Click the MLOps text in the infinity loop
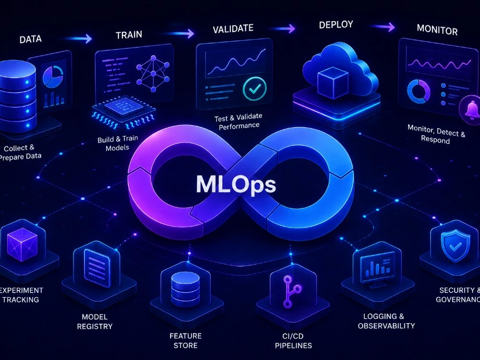[x=236, y=185]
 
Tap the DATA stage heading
[x=31, y=40]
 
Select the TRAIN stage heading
[x=129, y=35]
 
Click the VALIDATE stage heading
[x=233, y=29]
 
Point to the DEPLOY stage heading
[x=336, y=24]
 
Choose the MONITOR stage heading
[x=437, y=30]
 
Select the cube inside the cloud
[x=333, y=82]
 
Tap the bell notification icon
[x=471, y=110]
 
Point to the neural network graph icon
[x=153, y=73]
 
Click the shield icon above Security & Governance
[x=455, y=245]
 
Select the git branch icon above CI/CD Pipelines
[x=291, y=292]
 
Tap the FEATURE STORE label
[x=185, y=340]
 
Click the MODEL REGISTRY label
[x=95, y=322]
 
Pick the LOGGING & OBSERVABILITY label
[x=387, y=321]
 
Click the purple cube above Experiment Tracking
[x=22, y=244]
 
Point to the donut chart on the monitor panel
[x=418, y=91]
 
